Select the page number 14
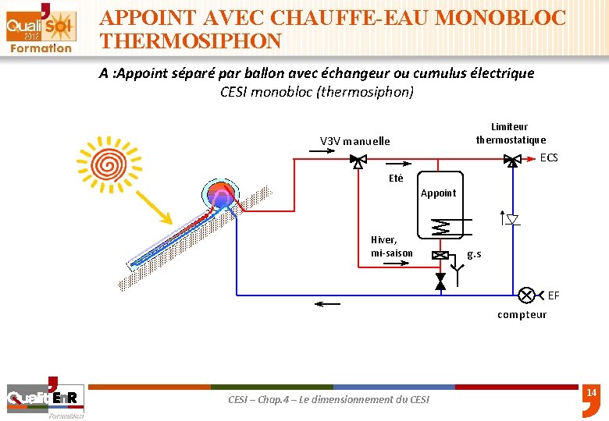pyautogui.click(x=591, y=393)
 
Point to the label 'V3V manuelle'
pyautogui.click(x=354, y=141)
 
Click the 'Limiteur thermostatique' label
pyautogui.click(x=511, y=133)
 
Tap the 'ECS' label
pyautogui.click(x=550, y=157)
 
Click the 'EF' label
pyautogui.click(x=554, y=295)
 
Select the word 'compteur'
pyautogui.click(x=522, y=315)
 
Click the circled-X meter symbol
pyautogui.click(x=527, y=295)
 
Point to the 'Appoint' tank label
pyautogui.click(x=438, y=193)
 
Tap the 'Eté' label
pyautogui.click(x=396, y=179)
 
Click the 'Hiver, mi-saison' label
pyautogui.click(x=392, y=246)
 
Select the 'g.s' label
pyautogui.click(x=474, y=254)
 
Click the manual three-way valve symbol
pyautogui.click(x=358, y=161)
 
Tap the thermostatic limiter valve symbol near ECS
pyautogui.click(x=512, y=161)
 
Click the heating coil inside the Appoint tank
pyautogui.click(x=442, y=228)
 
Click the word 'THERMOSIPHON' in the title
pyautogui.click(x=191, y=41)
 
